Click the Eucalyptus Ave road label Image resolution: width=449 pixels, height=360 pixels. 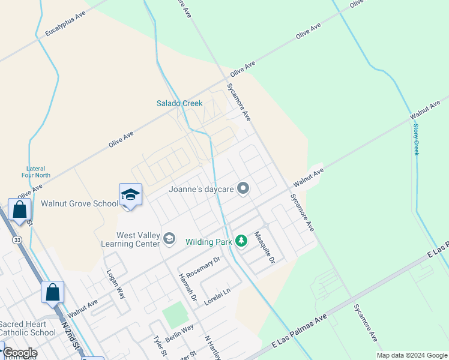point(65,22)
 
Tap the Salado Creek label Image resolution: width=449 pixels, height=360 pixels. point(179,103)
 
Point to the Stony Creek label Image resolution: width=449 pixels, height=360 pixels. point(415,139)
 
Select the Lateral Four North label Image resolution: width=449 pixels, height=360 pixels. point(38,172)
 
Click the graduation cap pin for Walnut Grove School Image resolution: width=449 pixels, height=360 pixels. point(130,194)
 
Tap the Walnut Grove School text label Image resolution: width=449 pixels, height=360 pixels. point(79,203)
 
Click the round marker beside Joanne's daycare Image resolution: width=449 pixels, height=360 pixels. point(243,189)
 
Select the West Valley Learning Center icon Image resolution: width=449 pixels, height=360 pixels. point(169,239)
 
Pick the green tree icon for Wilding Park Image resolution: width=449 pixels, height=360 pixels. point(241,241)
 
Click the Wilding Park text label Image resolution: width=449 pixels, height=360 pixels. point(208,242)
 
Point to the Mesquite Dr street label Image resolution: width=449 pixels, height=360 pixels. point(264,248)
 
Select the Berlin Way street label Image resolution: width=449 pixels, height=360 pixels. point(179,334)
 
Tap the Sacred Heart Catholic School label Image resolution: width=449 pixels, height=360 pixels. point(28,328)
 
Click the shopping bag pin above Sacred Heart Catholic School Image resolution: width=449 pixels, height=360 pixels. point(52,292)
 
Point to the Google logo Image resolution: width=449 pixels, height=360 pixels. point(19,353)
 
